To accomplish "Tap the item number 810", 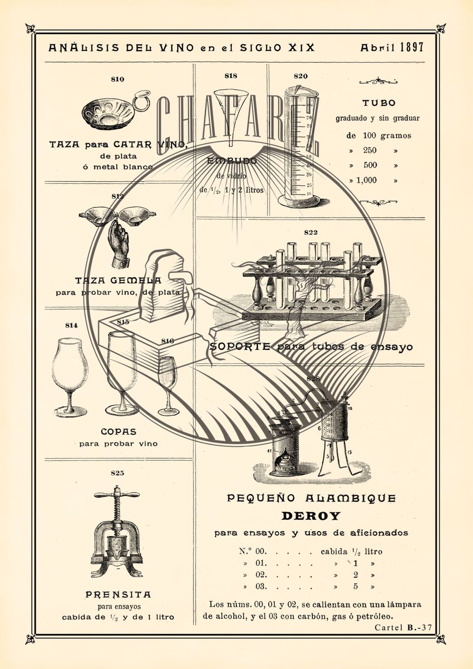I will pos(118,79).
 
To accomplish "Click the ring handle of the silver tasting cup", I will pos(140,100).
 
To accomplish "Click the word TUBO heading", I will pos(379,103).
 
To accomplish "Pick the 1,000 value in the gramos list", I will pos(367,181).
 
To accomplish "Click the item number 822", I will pos(311,232).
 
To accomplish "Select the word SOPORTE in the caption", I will pos(240,347).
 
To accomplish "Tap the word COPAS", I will pos(118,432).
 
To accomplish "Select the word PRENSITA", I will pos(118,595).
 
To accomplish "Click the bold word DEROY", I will pos(311,516).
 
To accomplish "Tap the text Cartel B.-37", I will pos(403,627).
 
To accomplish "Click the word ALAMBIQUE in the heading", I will pos(350,498).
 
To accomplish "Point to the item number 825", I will pos(118,473).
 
